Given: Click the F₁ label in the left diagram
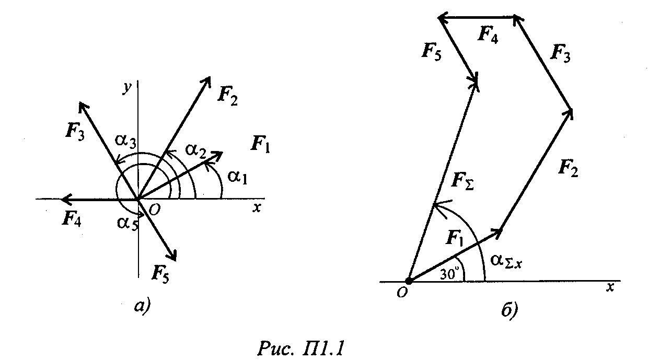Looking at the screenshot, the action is click(260, 144).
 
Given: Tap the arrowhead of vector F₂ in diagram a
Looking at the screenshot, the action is click(207, 82).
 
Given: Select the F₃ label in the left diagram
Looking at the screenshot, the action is click(75, 132).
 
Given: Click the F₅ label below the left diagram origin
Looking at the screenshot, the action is click(160, 274).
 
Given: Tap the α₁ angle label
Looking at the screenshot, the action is click(237, 177).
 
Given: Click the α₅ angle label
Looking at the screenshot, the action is click(128, 224).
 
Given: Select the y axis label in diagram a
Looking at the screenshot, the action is click(128, 88).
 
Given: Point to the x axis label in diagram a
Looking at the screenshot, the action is click(256, 208).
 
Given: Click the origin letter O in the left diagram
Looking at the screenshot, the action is click(155, 210).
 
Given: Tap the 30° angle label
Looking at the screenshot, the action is click(449, 274).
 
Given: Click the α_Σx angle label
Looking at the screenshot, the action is click(506, 262).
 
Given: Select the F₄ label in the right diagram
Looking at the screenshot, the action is click(488, 34).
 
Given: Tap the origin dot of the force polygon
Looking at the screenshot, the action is click(409, 281).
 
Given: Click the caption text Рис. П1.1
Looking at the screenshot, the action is click(300, 349).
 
